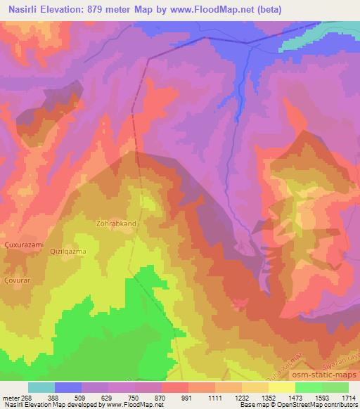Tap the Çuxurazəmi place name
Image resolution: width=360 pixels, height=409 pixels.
point(25,244)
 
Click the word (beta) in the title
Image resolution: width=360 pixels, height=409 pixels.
point(300,8)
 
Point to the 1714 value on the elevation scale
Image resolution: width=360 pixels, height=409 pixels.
point(348,398)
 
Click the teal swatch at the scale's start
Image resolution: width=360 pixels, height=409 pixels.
point(41,387)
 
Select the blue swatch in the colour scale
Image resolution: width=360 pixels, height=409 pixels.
point(68,387)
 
